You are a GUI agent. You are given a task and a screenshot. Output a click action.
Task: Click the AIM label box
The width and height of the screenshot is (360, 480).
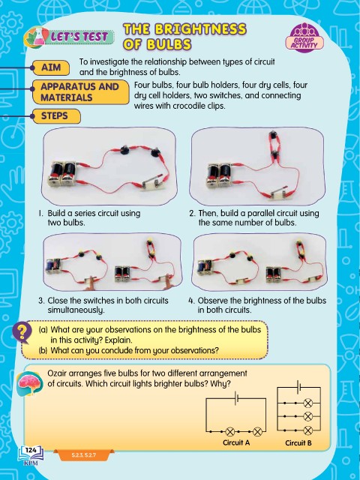coord(51,67)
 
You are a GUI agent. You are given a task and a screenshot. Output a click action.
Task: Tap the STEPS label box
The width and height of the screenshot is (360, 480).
coord(56,116)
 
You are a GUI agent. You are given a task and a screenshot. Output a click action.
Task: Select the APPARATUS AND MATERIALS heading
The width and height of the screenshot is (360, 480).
coord(81,92)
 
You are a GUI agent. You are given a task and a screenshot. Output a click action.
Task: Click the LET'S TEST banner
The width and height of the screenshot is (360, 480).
coord(69,37)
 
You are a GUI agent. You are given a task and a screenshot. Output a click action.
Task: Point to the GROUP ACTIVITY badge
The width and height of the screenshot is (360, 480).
coord(304,38)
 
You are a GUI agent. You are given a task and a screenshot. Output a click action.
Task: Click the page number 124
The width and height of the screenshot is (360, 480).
coord(31,450)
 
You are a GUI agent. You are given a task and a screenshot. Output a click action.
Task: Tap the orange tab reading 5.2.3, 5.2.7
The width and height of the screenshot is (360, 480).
coord(84,455)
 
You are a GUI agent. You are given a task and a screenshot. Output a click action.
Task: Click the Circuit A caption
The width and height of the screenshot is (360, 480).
coord(236,442)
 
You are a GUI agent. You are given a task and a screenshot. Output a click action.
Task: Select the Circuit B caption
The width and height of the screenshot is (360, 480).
coord(298,442)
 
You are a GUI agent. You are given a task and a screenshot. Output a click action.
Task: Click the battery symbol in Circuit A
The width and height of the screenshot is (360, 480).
coord(236,398)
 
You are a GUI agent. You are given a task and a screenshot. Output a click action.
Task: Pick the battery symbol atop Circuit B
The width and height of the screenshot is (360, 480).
coord(298,387)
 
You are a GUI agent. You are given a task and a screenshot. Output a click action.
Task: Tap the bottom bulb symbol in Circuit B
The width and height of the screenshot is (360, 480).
coord(308,430)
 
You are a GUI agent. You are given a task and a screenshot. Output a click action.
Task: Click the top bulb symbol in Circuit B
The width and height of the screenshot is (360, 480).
coord(308,403)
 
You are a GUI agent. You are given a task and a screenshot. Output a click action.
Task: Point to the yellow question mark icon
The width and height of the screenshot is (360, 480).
coord(22,333)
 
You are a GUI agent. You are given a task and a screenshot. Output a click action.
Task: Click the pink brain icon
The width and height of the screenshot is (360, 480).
coord(29,384)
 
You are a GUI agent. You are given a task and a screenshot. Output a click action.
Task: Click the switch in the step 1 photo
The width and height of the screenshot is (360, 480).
coord(152,183)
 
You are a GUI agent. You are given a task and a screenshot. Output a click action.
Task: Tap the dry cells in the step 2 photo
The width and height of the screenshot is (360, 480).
coord(220,175)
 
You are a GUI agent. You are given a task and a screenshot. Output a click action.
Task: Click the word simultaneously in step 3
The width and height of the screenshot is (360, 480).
coord(76,310)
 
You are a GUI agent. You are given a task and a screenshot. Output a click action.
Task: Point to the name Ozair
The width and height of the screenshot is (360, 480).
coord(57,373)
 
